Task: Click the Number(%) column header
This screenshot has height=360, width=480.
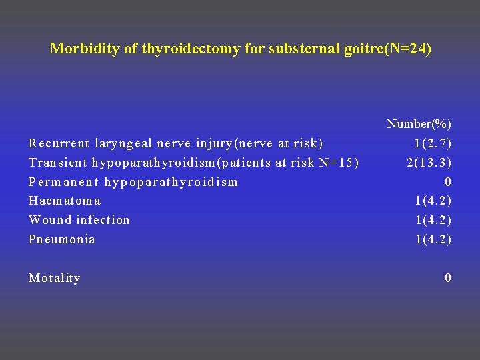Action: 419,124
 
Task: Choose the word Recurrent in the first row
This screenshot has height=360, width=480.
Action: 59,143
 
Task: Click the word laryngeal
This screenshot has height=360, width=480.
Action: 123,143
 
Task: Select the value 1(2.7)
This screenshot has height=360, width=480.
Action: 433,143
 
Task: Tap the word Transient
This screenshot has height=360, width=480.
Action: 57,163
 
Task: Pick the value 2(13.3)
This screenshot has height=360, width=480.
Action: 429,163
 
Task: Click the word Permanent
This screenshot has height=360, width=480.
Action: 63,182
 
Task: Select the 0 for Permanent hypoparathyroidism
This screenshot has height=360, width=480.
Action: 448,182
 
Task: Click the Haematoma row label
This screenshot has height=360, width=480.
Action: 65,201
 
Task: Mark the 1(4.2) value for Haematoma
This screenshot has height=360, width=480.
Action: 433,201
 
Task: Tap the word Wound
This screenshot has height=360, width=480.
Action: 49,220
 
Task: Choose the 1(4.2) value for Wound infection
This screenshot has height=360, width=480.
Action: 433,220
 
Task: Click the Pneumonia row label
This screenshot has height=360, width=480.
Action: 62,239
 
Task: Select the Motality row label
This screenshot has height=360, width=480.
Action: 55,278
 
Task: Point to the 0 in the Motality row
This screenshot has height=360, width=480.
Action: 448,278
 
